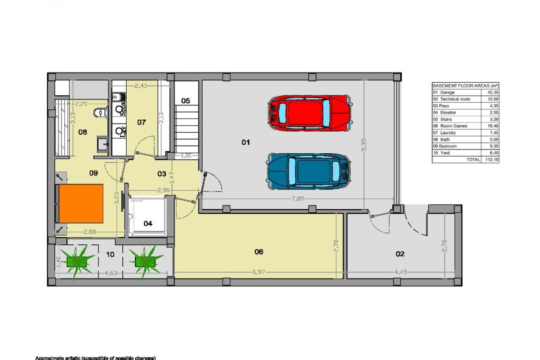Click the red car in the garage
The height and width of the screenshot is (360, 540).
(x=309, y=113)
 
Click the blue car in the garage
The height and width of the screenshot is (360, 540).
(x=309, y=171)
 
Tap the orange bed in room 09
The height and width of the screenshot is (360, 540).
(x=80, y=204)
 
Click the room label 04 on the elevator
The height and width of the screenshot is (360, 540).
(x=148, y=224)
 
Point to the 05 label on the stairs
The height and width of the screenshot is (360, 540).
(x=186, y=101)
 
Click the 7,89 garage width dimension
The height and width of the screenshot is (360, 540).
(x=298, y=199)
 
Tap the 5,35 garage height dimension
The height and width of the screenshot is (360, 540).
(x=364, y=145)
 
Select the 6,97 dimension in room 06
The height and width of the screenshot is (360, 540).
(x=258, y=272)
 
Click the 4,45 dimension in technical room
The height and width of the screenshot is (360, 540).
(x=400, y=272)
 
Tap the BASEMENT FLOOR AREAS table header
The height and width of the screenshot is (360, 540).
(x=465, y=86)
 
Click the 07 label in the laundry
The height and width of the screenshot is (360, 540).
(x=141, y=122)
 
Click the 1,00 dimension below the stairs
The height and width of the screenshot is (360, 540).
(x=186, y=156)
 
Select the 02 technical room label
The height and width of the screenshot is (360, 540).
(x=400, y=254)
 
